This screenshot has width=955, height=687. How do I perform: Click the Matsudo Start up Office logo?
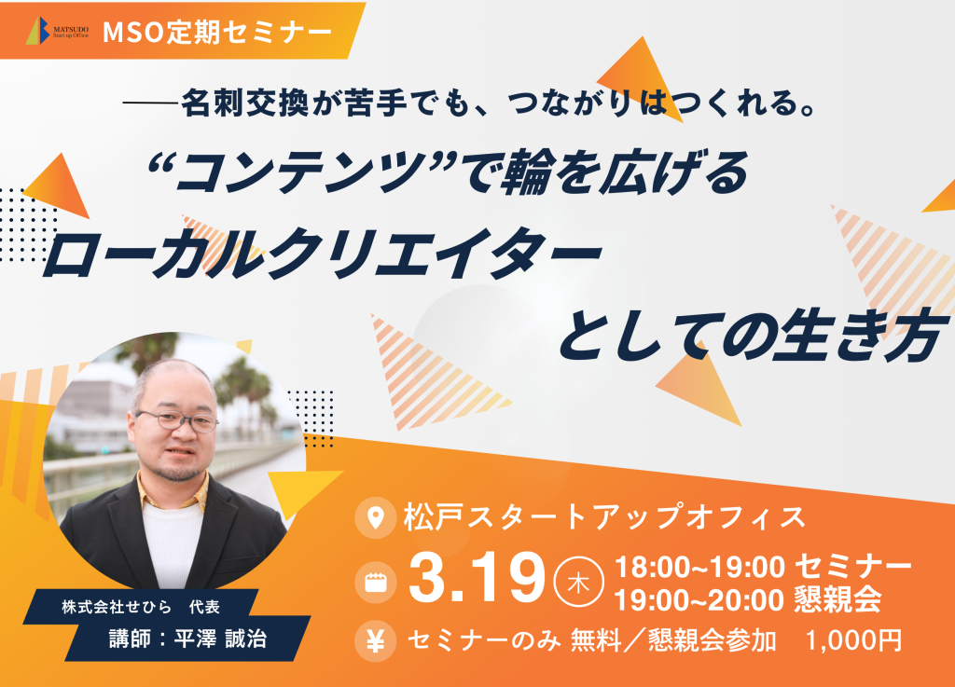point(58,31)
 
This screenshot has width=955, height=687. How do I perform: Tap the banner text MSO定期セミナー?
point(217,33)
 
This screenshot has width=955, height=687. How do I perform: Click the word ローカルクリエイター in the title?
point(321,256)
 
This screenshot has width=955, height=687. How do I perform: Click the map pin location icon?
point(375,518)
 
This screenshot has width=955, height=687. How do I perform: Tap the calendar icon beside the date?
point(375,583)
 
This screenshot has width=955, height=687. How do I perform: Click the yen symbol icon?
point(375,640)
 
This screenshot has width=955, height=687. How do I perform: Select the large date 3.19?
point(477,578)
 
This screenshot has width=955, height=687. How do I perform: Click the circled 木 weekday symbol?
point(578,582)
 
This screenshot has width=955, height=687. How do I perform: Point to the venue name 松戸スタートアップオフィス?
point(604,517)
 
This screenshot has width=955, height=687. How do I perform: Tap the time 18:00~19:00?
point(699,567)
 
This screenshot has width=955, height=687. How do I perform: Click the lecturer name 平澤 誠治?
point(220,639)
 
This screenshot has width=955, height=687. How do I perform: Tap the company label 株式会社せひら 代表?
point(141,607)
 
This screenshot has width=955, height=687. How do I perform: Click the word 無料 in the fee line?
point(595,640)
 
